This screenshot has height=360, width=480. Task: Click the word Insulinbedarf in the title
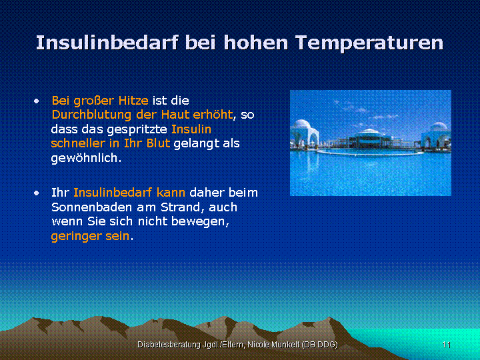click(107, 42)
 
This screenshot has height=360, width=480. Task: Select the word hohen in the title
click(256, 42)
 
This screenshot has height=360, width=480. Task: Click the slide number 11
click(446, 345)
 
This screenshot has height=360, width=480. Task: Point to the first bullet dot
click(37, 101)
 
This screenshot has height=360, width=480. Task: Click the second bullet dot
click(37, 193)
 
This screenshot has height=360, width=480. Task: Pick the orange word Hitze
click(133, 101)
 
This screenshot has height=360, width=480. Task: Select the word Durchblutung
click(91, 115)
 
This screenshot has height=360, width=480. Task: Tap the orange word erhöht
click(213, 115)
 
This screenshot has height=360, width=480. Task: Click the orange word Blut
click(158, 143)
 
